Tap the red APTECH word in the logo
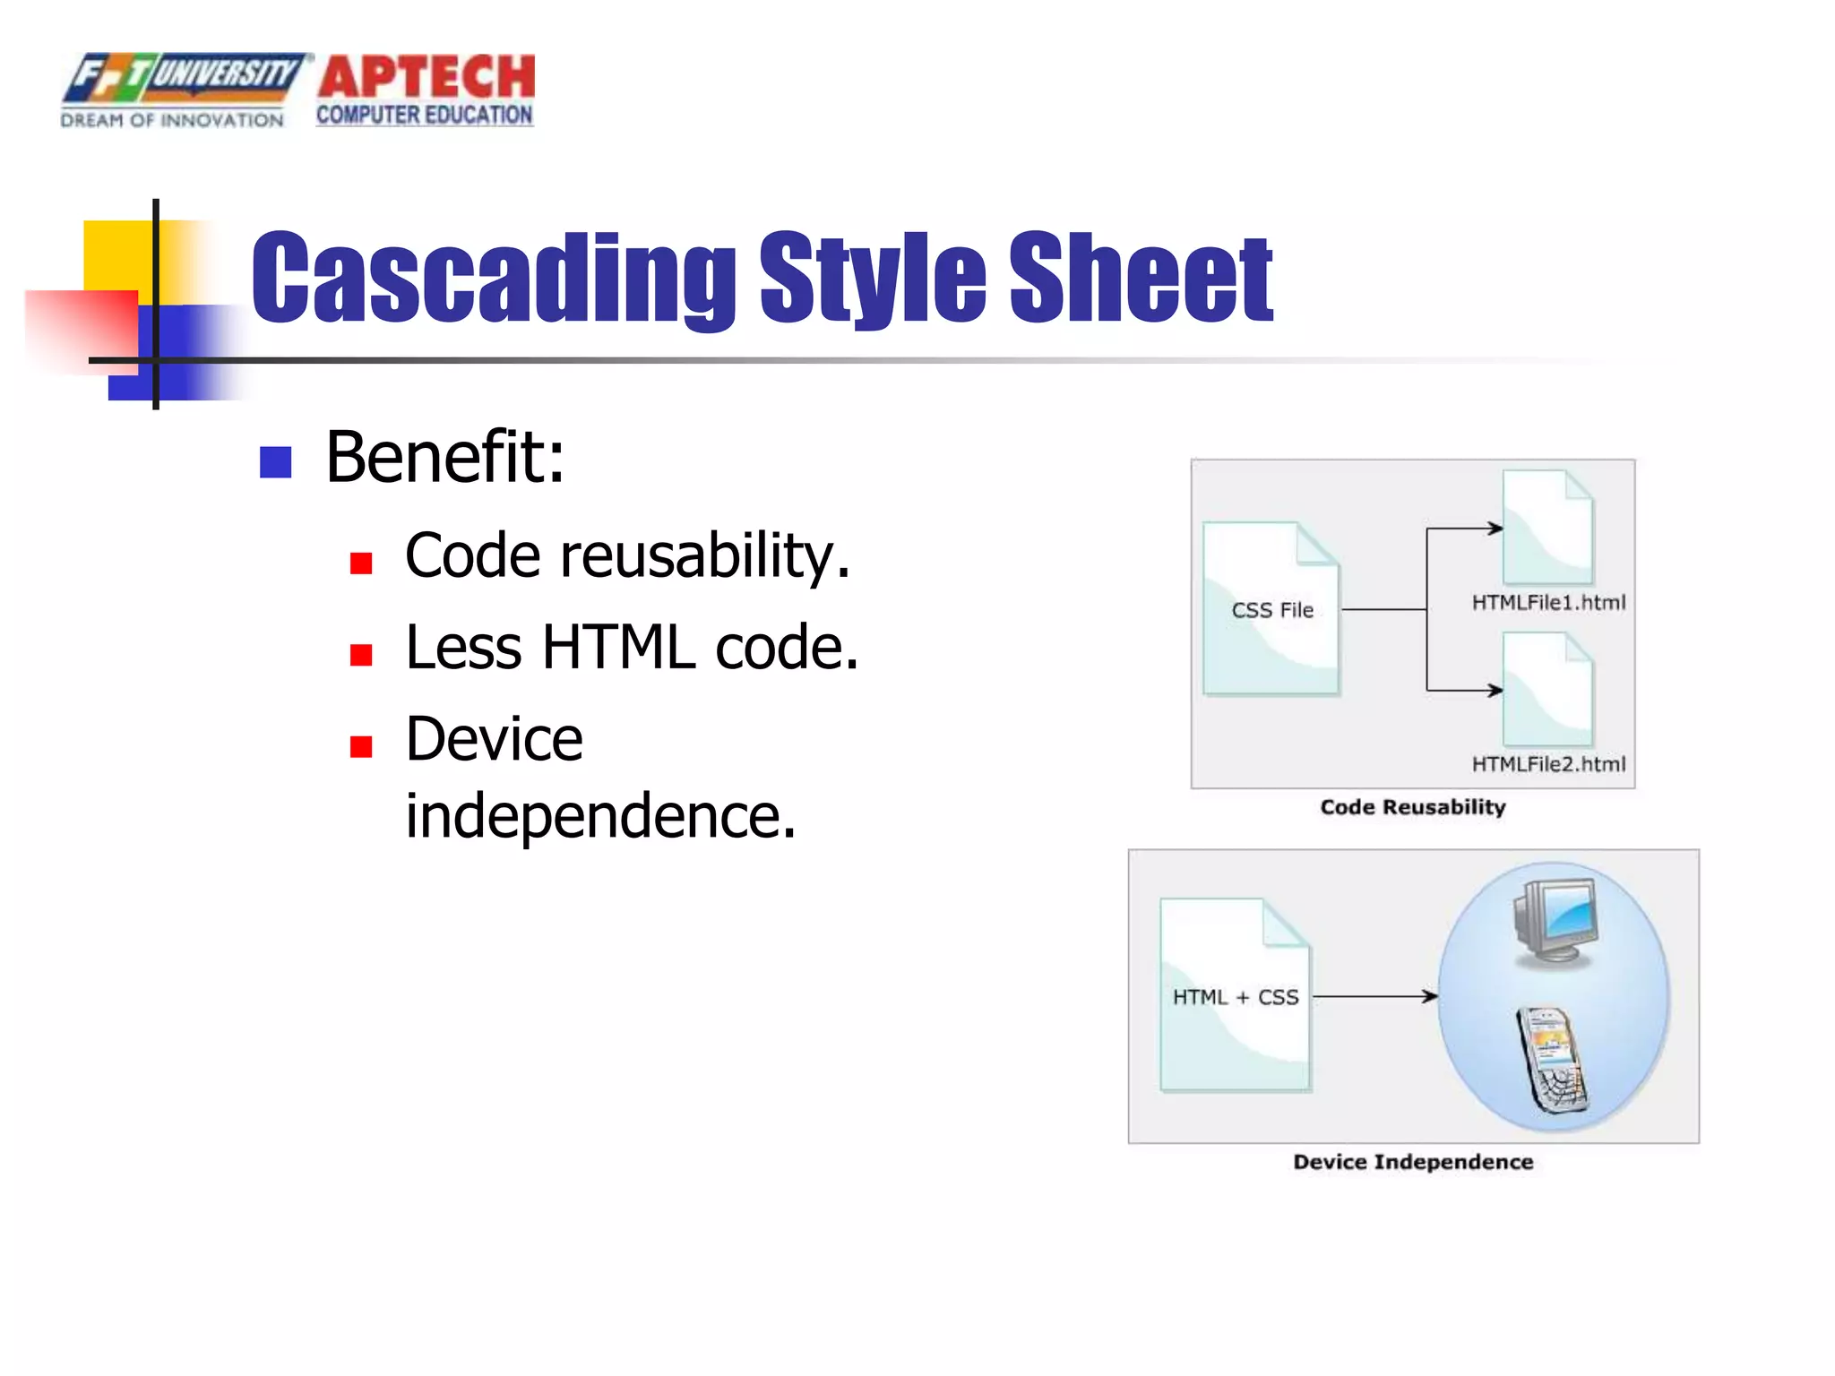click(426, 77)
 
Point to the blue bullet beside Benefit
click(275, 462)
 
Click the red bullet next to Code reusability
click(361, 563)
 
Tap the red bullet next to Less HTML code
click(361, 655)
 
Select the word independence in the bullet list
click(600, 816)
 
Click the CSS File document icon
click(1271, 609)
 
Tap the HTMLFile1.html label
click(1548, 603)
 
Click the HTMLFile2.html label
click(1548, 764)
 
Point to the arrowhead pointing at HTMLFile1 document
click(1495, 529)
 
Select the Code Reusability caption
click(1413, 807)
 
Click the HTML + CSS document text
click(1235, 997)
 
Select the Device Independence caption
click(1413, 1162)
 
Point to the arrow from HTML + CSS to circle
click(1375, 996)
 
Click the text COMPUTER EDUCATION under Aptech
click(425, 116)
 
